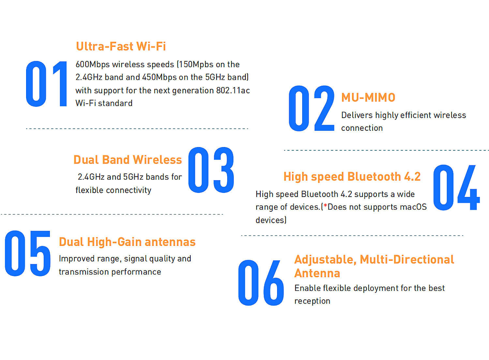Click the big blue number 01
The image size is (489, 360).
(46, 84)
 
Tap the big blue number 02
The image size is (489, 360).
(312, 108)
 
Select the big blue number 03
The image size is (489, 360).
(211, 170)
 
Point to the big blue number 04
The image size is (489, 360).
(456, 187)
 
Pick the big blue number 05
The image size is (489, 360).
(28, 253)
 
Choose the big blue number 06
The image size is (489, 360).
(261, 283)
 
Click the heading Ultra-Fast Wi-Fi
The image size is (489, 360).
(121, 46)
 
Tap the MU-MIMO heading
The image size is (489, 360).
(368, 97)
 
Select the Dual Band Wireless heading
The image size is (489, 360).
(128, 159)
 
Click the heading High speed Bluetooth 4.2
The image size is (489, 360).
(352, 176)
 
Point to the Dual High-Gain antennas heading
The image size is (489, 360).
(127, 242)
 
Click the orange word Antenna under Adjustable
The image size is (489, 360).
(317, 273)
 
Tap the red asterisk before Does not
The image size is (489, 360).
(325, 205)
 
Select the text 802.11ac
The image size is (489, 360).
(233, 90)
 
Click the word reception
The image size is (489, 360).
(312, 301)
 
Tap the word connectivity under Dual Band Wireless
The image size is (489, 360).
(128, 190)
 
